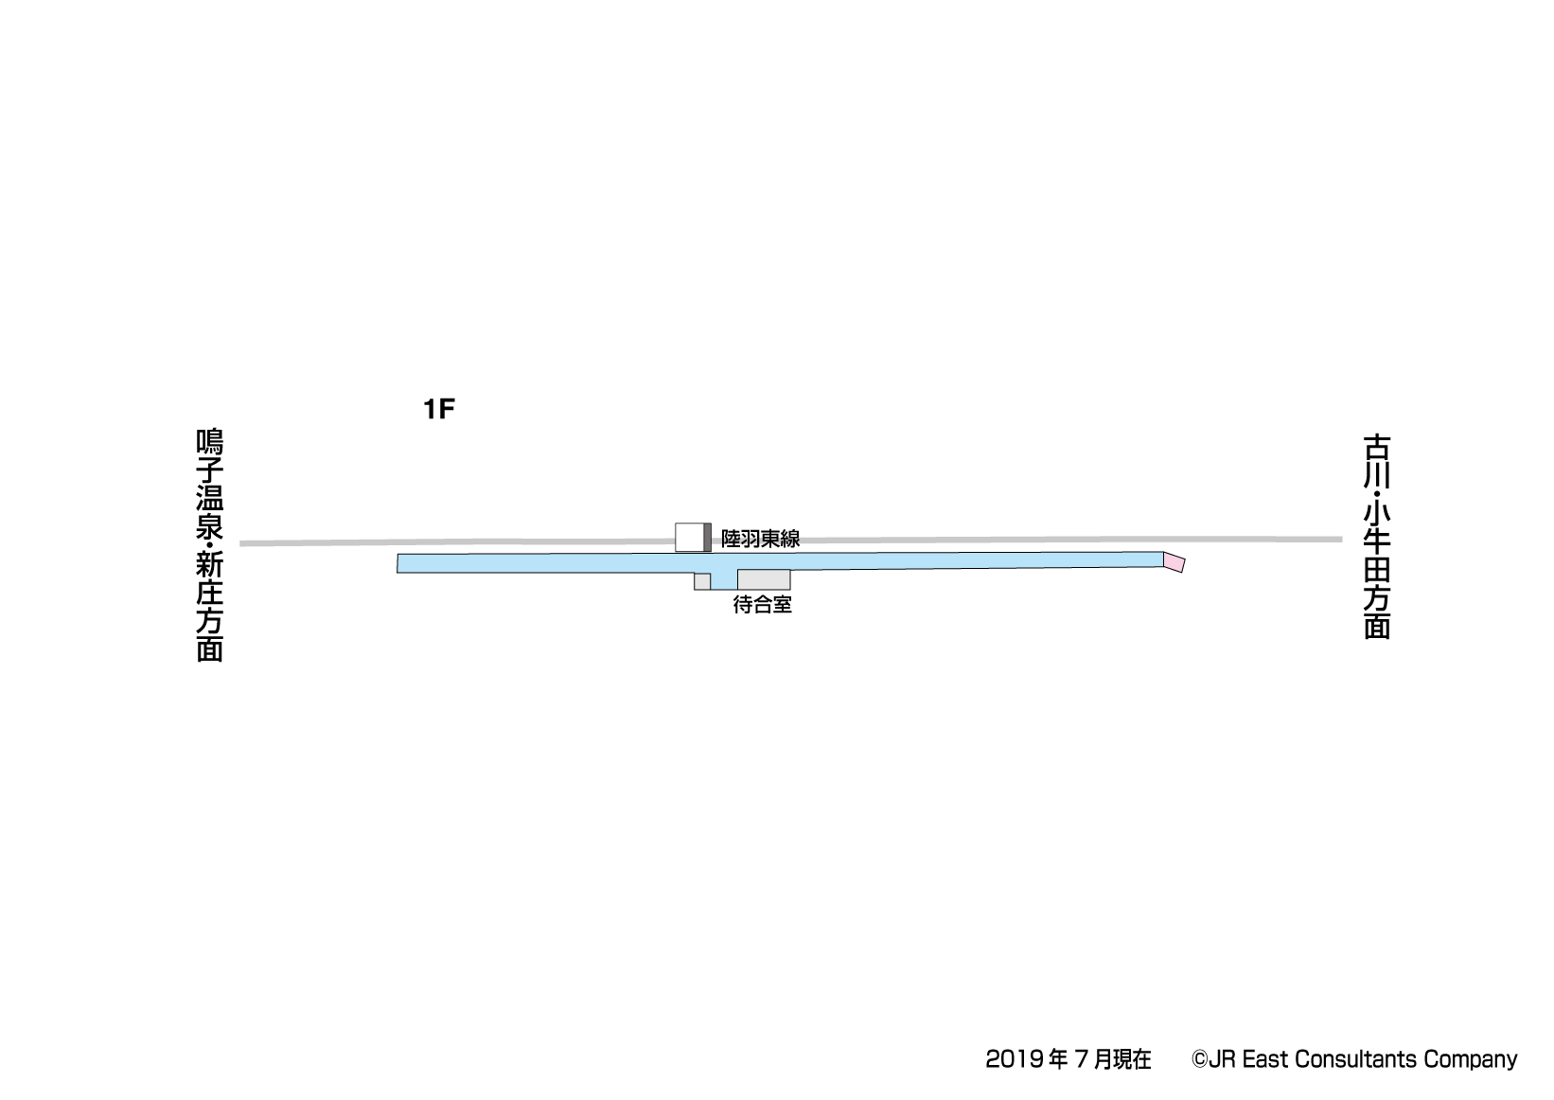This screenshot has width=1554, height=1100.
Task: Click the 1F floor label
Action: point(438,410)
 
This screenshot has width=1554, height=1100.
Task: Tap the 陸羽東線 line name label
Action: point(760,539)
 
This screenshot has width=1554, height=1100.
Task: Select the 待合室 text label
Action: point(763,605)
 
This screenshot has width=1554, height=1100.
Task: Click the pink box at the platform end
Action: point(1174,562)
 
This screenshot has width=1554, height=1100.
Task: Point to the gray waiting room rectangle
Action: point(764,579)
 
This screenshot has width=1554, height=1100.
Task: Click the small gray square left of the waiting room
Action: point(702,581)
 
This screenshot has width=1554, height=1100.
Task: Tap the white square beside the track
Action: point(690,537)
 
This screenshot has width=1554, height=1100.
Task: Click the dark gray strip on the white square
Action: point(708,537)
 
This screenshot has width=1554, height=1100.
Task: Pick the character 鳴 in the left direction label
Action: point(209,442)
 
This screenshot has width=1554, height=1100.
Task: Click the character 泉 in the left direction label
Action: point(209,525)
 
